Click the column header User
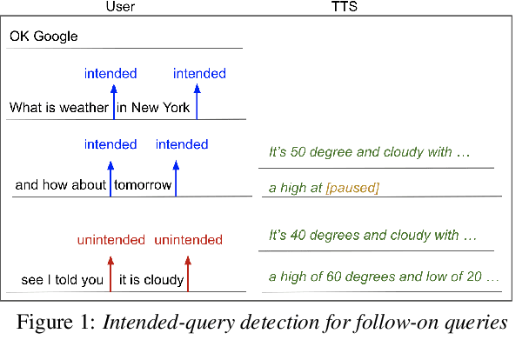119,8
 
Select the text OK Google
44,37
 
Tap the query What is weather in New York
99,108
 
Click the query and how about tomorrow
93,184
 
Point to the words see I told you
62,279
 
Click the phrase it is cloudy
151,279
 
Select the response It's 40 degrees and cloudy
372,235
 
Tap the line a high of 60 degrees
384,277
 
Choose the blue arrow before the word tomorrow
110,175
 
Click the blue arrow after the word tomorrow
177,175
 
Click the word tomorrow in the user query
144,184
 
